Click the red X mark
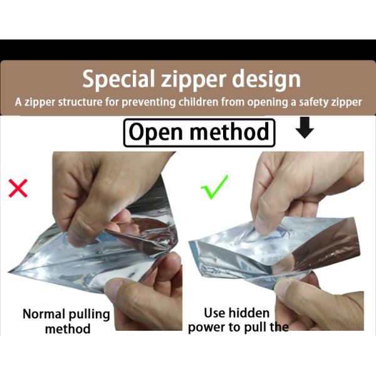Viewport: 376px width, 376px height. coord(18,188)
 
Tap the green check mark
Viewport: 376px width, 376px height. coord(214,187)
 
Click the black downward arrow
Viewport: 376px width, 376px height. coord(305,128)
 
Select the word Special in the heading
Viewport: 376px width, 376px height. coord(118,80)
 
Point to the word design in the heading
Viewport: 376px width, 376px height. coord(266,80)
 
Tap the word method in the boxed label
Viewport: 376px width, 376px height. coord(229,132)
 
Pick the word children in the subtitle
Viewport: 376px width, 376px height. coord(198,102)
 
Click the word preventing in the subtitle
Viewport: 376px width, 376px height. coord(149,102)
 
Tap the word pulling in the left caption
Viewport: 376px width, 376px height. coord(89,315)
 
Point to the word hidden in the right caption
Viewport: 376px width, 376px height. coord(249,313)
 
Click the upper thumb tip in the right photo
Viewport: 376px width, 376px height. coord(262,225)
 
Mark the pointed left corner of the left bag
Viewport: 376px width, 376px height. coord(9,272)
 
